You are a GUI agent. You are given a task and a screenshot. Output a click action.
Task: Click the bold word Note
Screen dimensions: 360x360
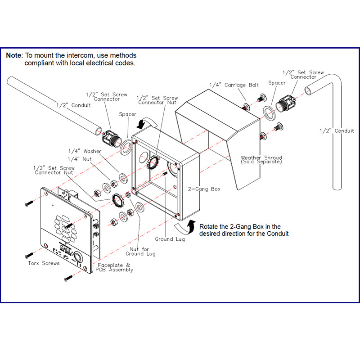13,55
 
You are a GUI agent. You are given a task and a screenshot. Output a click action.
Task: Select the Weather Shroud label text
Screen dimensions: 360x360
261,160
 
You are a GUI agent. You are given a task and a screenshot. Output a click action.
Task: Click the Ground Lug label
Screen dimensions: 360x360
170,239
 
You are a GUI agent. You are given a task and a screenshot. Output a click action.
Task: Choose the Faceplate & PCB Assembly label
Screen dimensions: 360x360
114,267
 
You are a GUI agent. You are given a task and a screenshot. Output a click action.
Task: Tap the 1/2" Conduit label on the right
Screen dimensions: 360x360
337,131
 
